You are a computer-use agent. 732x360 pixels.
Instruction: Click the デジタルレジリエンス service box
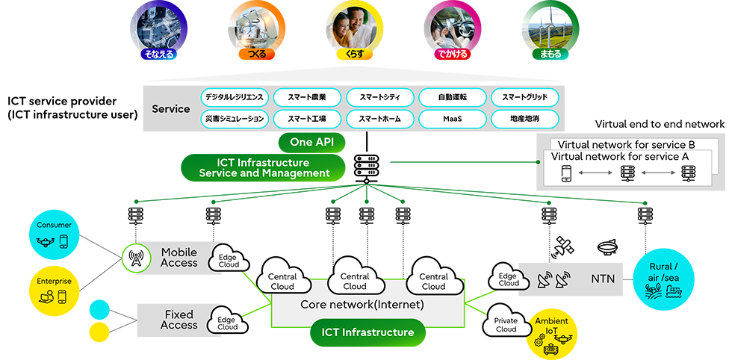(x=234, y=97)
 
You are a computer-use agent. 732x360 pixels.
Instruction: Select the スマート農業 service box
(x=305, y=97)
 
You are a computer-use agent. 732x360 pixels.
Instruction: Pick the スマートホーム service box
(x=379, y=118)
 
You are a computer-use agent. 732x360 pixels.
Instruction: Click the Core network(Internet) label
(x=362, y=305)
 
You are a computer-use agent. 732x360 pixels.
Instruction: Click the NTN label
(x=603, y=278)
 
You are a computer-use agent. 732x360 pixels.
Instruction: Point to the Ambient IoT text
(x=551, y=326)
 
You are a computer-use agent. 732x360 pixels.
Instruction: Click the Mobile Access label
(x=179, y=258)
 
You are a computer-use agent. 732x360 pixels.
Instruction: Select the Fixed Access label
(x=179, y=320)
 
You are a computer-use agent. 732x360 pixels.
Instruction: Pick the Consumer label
(x=53, y=225)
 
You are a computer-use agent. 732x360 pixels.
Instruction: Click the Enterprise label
(x=54, y=281)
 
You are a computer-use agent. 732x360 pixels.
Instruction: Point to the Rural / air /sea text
(x=664, y=272)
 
